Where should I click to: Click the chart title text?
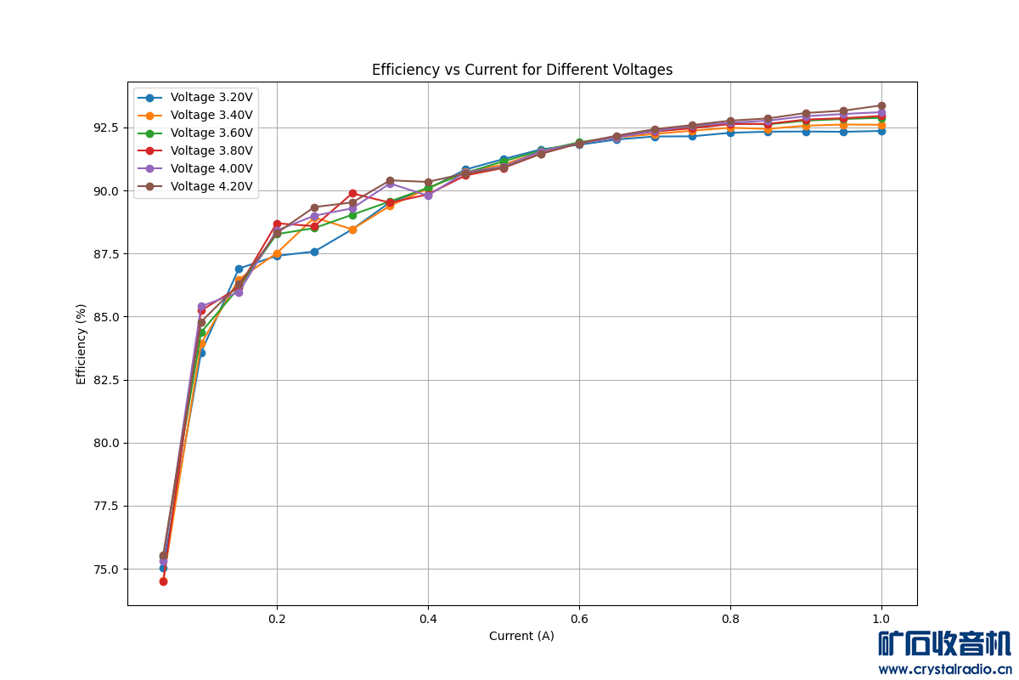[x=521, y=70]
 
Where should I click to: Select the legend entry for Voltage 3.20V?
[x=211, y=98]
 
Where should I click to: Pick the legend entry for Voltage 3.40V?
[x=211, y=116]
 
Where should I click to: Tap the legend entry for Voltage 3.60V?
[x=211, y=133]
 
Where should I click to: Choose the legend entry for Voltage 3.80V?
[x=211, y=151]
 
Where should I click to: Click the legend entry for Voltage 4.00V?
[x=211, y=169]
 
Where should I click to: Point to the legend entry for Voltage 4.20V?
[x=211, y=187]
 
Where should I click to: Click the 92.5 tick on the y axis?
[x=106, y=127]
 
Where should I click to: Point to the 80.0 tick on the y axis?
[x=106, y=443]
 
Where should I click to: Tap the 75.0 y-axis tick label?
[x=106, y=569]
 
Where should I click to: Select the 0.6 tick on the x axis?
[x=579, y=620]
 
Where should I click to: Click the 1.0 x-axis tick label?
[x=881, y=620]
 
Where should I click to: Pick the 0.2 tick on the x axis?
[x=277, y=620]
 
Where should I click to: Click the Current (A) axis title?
[x=521, y=636]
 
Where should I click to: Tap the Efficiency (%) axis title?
[x=82, y=343]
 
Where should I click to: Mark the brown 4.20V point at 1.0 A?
[x=881, y=105]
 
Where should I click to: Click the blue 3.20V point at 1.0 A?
[x=881, y=131]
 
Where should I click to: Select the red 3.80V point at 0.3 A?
[x=352, y=193]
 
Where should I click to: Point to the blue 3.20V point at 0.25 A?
[x=314, y=252]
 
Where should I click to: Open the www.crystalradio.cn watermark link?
[x=944, y=669]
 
